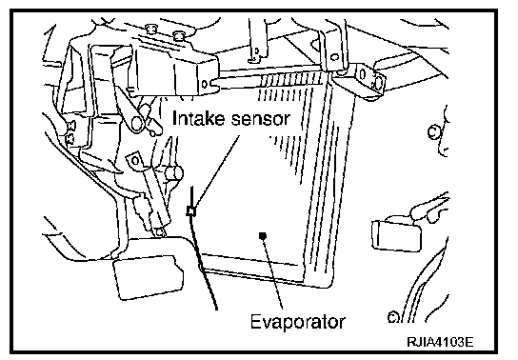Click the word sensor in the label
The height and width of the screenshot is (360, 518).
click(261, 119)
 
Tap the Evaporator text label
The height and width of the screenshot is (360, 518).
click(298, 322)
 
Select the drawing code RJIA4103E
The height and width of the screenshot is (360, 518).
click(440, 342)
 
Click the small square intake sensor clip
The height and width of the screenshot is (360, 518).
click(191, 210)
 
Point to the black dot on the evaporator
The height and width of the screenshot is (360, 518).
click(263, 235)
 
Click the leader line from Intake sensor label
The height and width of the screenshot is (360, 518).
click(217, 171)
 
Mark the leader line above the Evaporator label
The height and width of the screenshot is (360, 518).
click(273, 273)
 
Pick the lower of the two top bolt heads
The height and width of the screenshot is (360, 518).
click(179, 35)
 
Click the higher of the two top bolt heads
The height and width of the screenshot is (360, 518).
click(151, 29)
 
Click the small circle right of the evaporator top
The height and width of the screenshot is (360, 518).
click(433, 131)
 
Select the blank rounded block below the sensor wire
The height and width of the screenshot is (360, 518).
click(148, 277)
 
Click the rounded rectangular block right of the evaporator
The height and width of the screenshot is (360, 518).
click(396, 234)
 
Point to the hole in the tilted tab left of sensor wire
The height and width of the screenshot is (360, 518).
click(135, 161)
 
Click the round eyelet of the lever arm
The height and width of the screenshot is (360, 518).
click(137, 123)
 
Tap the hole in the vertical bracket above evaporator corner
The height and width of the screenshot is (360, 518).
click(334, 57)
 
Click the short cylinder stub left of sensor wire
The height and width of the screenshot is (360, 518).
click(174, 173)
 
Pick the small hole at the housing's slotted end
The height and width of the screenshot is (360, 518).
click(205, 84)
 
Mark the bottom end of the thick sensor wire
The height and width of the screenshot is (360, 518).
click(216, 309)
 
